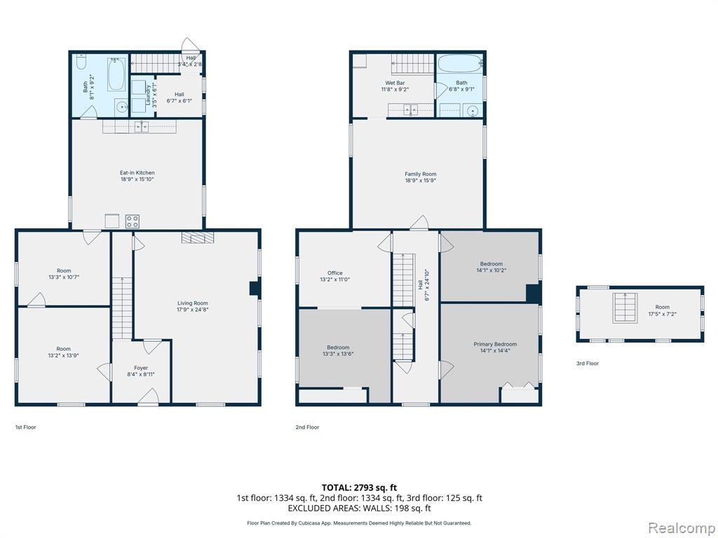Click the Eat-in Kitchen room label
[137, 173]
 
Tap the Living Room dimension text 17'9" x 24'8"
[193, 310]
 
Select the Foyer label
[141, 368]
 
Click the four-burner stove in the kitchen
[133, 221]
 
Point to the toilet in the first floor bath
[81, 62]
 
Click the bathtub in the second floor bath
[459, 64]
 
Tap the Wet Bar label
[395, 83]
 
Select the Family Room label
[421, 174]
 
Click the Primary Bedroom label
[495, 344]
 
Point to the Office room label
[334, 273]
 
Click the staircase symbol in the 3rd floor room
[625, 308]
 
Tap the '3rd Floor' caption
[588, 364]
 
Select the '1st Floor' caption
[26, 427]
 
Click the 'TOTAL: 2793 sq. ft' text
[359, 488]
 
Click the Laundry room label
[149, 95]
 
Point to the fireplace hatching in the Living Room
[197, 237]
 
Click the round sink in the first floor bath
[122, 107]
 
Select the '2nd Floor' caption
[307, 427]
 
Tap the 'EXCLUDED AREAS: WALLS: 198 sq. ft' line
[359, 508]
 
